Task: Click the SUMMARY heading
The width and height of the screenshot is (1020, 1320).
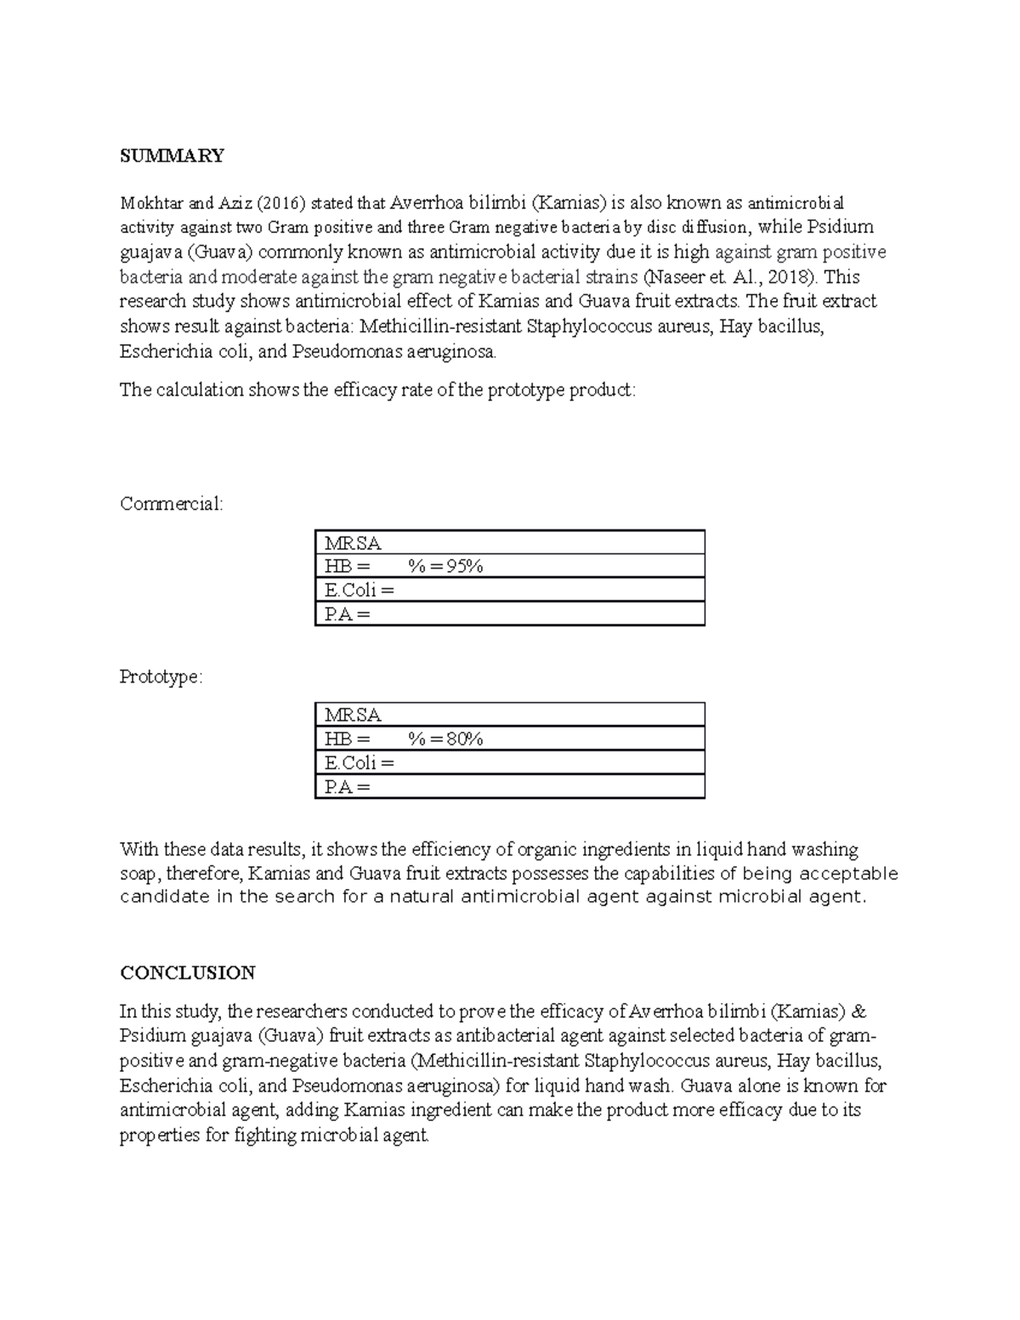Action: tap(172, 156)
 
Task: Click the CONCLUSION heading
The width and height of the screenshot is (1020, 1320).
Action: tap(187, 972)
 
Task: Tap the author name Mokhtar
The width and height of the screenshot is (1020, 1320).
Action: tap(150, 203)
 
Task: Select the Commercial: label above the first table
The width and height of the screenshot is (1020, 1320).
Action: tap(172, 504)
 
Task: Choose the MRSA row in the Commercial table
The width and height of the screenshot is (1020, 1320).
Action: tap(509, 542)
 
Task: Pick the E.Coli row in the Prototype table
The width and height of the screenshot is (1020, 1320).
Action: tap(509, 763)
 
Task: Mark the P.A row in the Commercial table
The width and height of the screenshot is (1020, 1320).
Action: tap(509, 614)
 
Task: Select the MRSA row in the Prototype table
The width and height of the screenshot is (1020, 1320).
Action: tap(509, 716)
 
